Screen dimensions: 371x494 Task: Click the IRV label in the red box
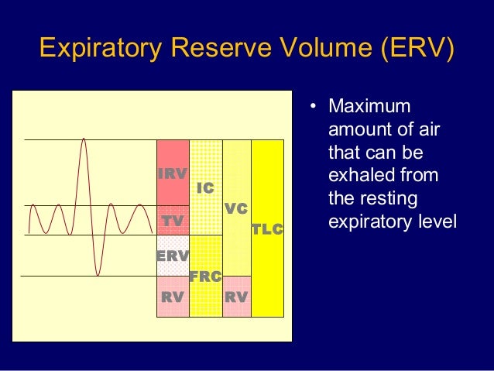(173, 174)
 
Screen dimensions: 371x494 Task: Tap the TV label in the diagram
(173, 222)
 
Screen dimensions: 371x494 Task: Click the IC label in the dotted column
(205, 188)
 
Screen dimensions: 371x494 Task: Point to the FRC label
(206, 277)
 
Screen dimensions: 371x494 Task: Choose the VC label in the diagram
(236, 209)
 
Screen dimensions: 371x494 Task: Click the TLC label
(268, 230)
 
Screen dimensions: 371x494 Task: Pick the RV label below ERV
(173, 297)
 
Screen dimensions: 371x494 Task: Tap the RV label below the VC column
(236, 297)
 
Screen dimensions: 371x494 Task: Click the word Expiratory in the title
(98, 49)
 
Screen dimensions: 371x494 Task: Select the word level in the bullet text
(437, 222)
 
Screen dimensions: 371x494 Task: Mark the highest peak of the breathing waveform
(83, 139)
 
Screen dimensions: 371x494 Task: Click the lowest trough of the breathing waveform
(98, 274)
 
